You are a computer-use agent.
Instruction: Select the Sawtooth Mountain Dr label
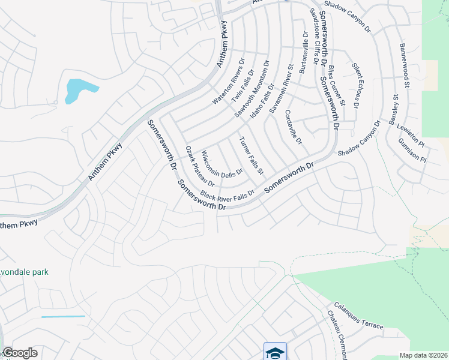point(252,88)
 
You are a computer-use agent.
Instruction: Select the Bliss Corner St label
point(336,90)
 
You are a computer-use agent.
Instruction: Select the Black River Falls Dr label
point(228,194)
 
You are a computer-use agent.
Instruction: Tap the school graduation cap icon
point(275,352)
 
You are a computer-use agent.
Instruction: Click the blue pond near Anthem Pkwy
point(75,91)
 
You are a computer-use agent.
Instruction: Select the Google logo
point(20,353)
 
